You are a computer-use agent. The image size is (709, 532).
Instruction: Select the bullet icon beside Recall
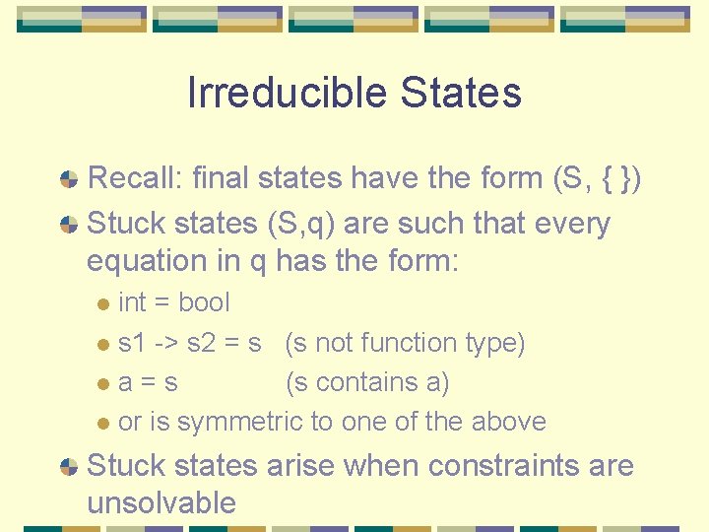click(x=69, y=179)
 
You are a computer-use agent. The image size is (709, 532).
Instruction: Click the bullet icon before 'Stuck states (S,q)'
click(x=69, y=225)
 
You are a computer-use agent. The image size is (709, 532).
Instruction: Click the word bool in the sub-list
click(x=204, y=302)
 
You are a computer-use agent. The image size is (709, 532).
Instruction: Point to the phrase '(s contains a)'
click(x=366, y=382)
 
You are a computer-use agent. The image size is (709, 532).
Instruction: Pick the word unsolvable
click(x=161, y=502)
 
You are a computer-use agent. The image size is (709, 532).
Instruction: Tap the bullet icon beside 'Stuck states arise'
click(x=69, y=466)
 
